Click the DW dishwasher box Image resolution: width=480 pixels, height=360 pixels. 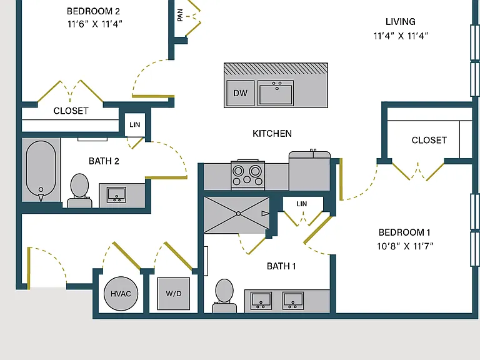(241, 93)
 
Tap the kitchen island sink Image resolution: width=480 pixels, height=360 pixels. (276, 93)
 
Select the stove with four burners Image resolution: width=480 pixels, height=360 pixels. (247, 174)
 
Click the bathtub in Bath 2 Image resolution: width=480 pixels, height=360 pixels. (41, 171)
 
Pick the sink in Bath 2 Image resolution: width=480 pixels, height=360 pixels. (116, 195)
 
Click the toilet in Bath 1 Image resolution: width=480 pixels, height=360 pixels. (224, 296)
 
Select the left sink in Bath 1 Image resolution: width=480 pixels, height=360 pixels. (261, 301)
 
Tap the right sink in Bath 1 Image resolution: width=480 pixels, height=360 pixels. (293, 301)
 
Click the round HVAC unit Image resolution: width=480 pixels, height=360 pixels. (121, 294)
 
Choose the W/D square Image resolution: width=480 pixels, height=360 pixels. (174, 294)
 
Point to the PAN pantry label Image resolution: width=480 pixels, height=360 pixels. (180, 15)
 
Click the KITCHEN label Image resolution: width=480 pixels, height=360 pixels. (272, 134)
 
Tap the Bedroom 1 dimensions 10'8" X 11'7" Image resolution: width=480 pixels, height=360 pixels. (405, 246)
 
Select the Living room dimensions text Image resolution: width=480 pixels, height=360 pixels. (401, 36)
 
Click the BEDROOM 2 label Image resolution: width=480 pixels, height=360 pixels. (93, 11)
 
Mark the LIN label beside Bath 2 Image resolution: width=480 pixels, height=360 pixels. (135, 124)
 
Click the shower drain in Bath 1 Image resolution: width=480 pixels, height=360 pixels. (238, 214)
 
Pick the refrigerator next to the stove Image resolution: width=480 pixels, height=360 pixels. (309, 170)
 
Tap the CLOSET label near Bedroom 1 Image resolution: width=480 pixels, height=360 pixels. (429, 140)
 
